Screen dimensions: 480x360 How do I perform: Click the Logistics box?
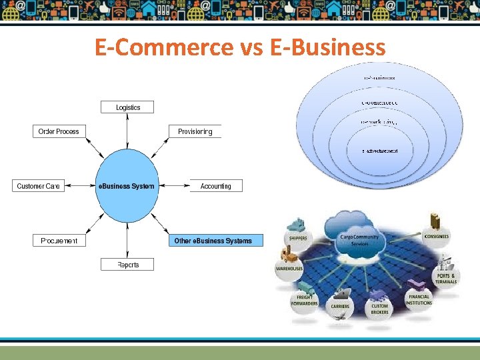tap(128, 107)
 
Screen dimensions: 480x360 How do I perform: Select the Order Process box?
tap(59, 131)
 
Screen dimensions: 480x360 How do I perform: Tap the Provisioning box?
tap(195, 131)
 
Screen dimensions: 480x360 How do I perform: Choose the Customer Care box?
tap(39, 186)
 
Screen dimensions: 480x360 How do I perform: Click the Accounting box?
tap(215, 186)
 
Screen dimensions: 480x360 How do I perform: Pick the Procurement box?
tap(59, 241)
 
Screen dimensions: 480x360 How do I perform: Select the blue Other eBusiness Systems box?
tap(213, 241)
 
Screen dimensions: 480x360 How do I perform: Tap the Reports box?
tap(128, 265)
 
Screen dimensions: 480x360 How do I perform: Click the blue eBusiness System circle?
tap(126, 186)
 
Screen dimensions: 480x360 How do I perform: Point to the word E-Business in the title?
tap(329, 48)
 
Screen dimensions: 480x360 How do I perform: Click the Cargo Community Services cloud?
tap(359, 239)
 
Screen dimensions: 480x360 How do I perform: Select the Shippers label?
tap(297, 239)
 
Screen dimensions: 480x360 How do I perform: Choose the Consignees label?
tap(436, 236)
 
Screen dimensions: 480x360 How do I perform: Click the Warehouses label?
tap(289, 269)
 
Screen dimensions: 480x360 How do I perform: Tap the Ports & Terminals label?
tap(447, 279)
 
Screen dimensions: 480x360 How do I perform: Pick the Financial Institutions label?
tap(419, 300)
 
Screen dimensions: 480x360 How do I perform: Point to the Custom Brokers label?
tap(379, 309)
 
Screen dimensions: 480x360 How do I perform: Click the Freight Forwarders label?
tap(304, 301)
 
